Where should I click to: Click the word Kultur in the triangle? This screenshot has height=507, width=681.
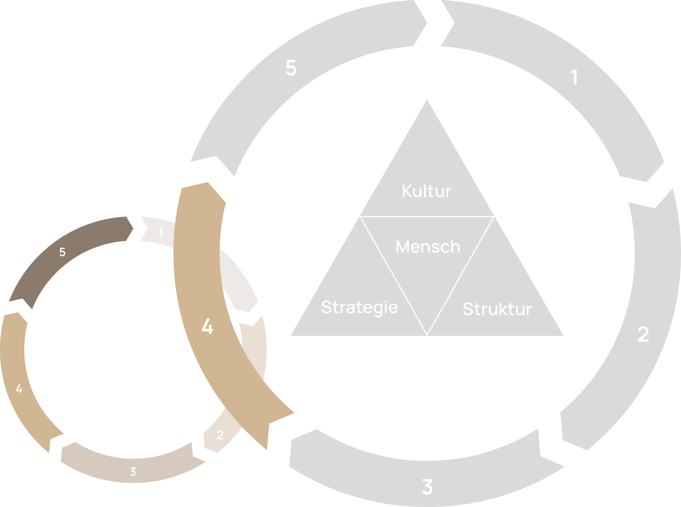pyautogui.click(x=427, y=191)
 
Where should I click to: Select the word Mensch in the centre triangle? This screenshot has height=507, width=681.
pyautogui.click(x=428, y=247)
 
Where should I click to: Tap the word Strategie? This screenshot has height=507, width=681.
pyautogui.click(x=359, y=307)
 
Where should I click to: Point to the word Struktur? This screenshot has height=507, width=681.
pyautogui.click(x=497, y=309)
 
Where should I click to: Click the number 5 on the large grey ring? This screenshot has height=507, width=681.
pyautogui.click(x=291, y=68)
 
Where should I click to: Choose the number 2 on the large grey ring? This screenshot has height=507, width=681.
pyautogui.click(x=643, y=334)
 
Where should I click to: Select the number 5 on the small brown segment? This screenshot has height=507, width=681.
pyautogui.click(x=62, y=252)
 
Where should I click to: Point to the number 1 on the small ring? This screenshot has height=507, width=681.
pyautogui.click(x=160, y=233)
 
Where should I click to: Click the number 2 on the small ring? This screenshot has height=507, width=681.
pyautogui.click(x=220, y=435)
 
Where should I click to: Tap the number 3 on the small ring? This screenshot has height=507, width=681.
pyautogui.click(x=133, y=471)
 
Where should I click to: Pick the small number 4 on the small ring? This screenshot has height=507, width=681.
pyautogui.click(x=19, y=389)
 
